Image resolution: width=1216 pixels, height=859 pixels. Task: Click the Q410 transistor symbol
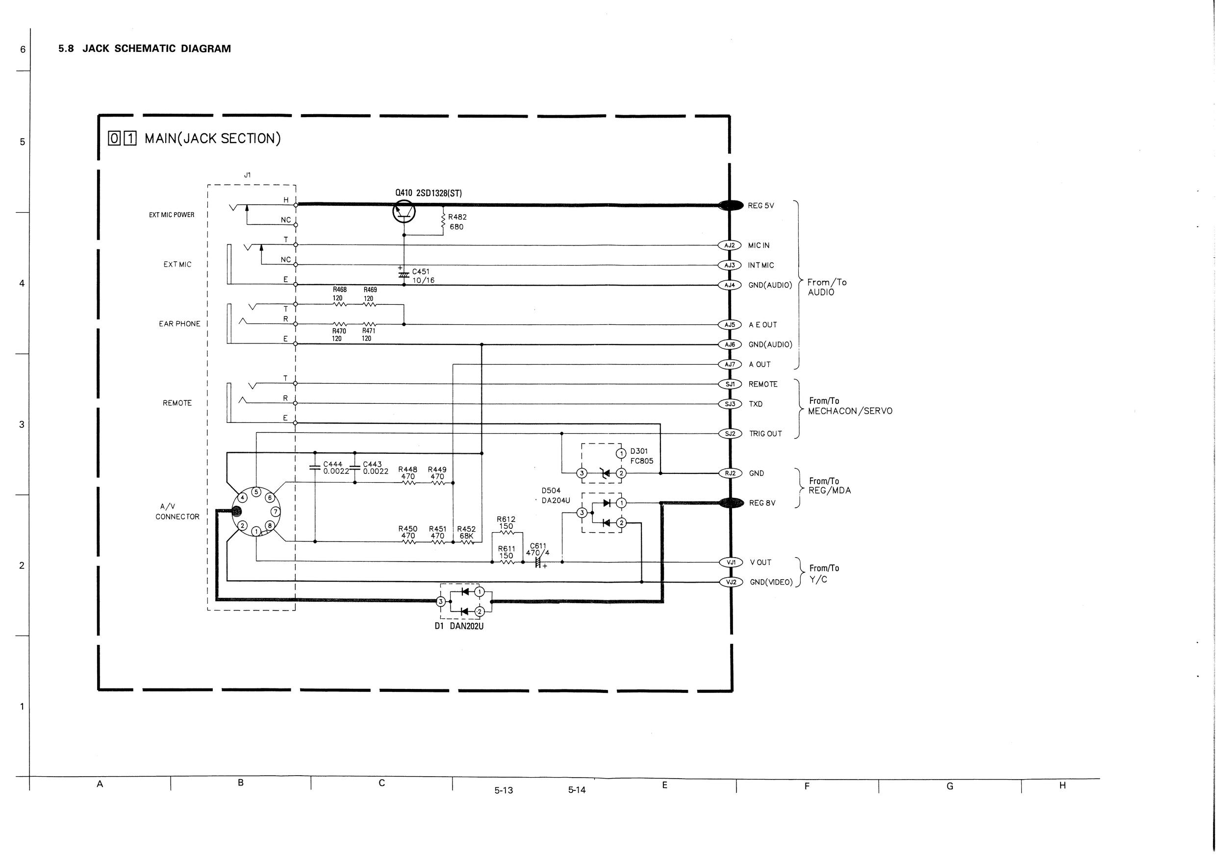click(x=404, y=212)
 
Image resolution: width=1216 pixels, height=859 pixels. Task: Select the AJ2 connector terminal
click(x=729, y=245)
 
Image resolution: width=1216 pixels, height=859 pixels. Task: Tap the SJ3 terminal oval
click(x=729, y=404)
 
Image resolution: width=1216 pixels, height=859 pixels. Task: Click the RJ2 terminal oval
click(x=730, y=473)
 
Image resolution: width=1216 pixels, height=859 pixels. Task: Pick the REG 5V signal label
click(x=760, y=205)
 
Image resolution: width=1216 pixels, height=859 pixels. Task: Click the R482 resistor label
click(x=457, y=217)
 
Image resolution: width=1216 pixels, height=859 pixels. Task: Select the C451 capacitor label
click(x=421, y=271)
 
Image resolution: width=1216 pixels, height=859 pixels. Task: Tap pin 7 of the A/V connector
click(x=275, y=511)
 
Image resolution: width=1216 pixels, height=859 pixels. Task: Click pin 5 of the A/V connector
click(x=256, y=491)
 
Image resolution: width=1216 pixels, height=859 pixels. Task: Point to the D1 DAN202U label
click(x=458, y=626)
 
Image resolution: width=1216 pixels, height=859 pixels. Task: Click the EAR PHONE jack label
click(x=179, y=324)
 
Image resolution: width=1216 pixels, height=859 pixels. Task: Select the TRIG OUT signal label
click(x=765, y=434)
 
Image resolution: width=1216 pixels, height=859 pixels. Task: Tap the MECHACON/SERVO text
click(x=850, y=411)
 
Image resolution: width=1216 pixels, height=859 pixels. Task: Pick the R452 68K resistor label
click(x=466, y=532)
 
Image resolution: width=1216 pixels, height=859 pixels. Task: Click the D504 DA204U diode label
click(x=555, y=495)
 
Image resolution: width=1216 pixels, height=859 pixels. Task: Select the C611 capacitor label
click(x=537, y=549)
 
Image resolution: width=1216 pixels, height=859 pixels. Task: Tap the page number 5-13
click(x=503, y=790)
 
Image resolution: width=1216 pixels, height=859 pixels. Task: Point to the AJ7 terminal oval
click(x=730, y=364)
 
